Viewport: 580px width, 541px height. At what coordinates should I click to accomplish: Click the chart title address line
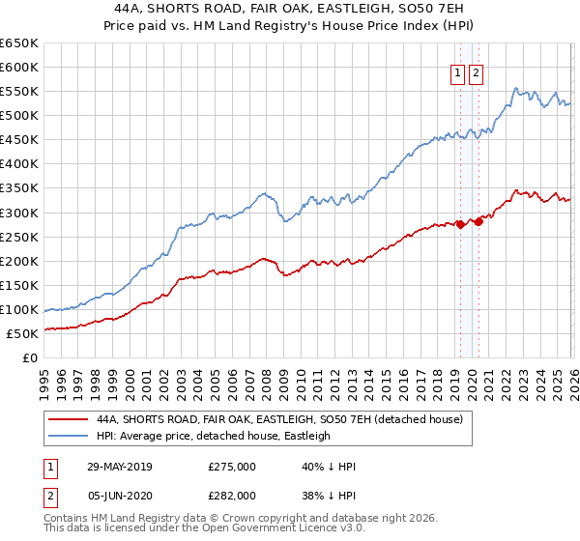290,9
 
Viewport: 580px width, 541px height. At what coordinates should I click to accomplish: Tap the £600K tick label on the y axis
19,68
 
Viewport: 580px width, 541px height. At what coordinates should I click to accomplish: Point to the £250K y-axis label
19,237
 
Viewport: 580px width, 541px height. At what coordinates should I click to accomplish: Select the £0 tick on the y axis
29,357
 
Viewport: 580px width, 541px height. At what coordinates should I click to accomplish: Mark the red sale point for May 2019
460,224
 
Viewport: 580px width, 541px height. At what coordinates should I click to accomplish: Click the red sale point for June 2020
478,221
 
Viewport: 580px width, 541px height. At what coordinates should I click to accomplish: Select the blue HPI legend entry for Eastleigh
213,436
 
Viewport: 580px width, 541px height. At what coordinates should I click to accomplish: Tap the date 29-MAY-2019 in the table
119,467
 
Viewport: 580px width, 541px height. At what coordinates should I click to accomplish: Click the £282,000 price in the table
232,498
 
